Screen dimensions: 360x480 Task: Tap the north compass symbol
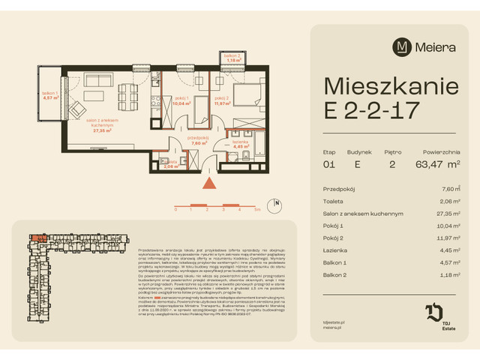click(x=277, y=203)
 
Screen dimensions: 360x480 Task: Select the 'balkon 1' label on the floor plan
click(x=50, y=94)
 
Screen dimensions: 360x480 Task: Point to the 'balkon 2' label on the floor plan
click(x=232, y=57)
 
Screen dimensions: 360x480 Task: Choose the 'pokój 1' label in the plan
click(x=179, y=99)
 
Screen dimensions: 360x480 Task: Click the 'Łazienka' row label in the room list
click(x=334, y=261)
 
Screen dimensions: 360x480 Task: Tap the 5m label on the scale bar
click(x=256, y=211)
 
